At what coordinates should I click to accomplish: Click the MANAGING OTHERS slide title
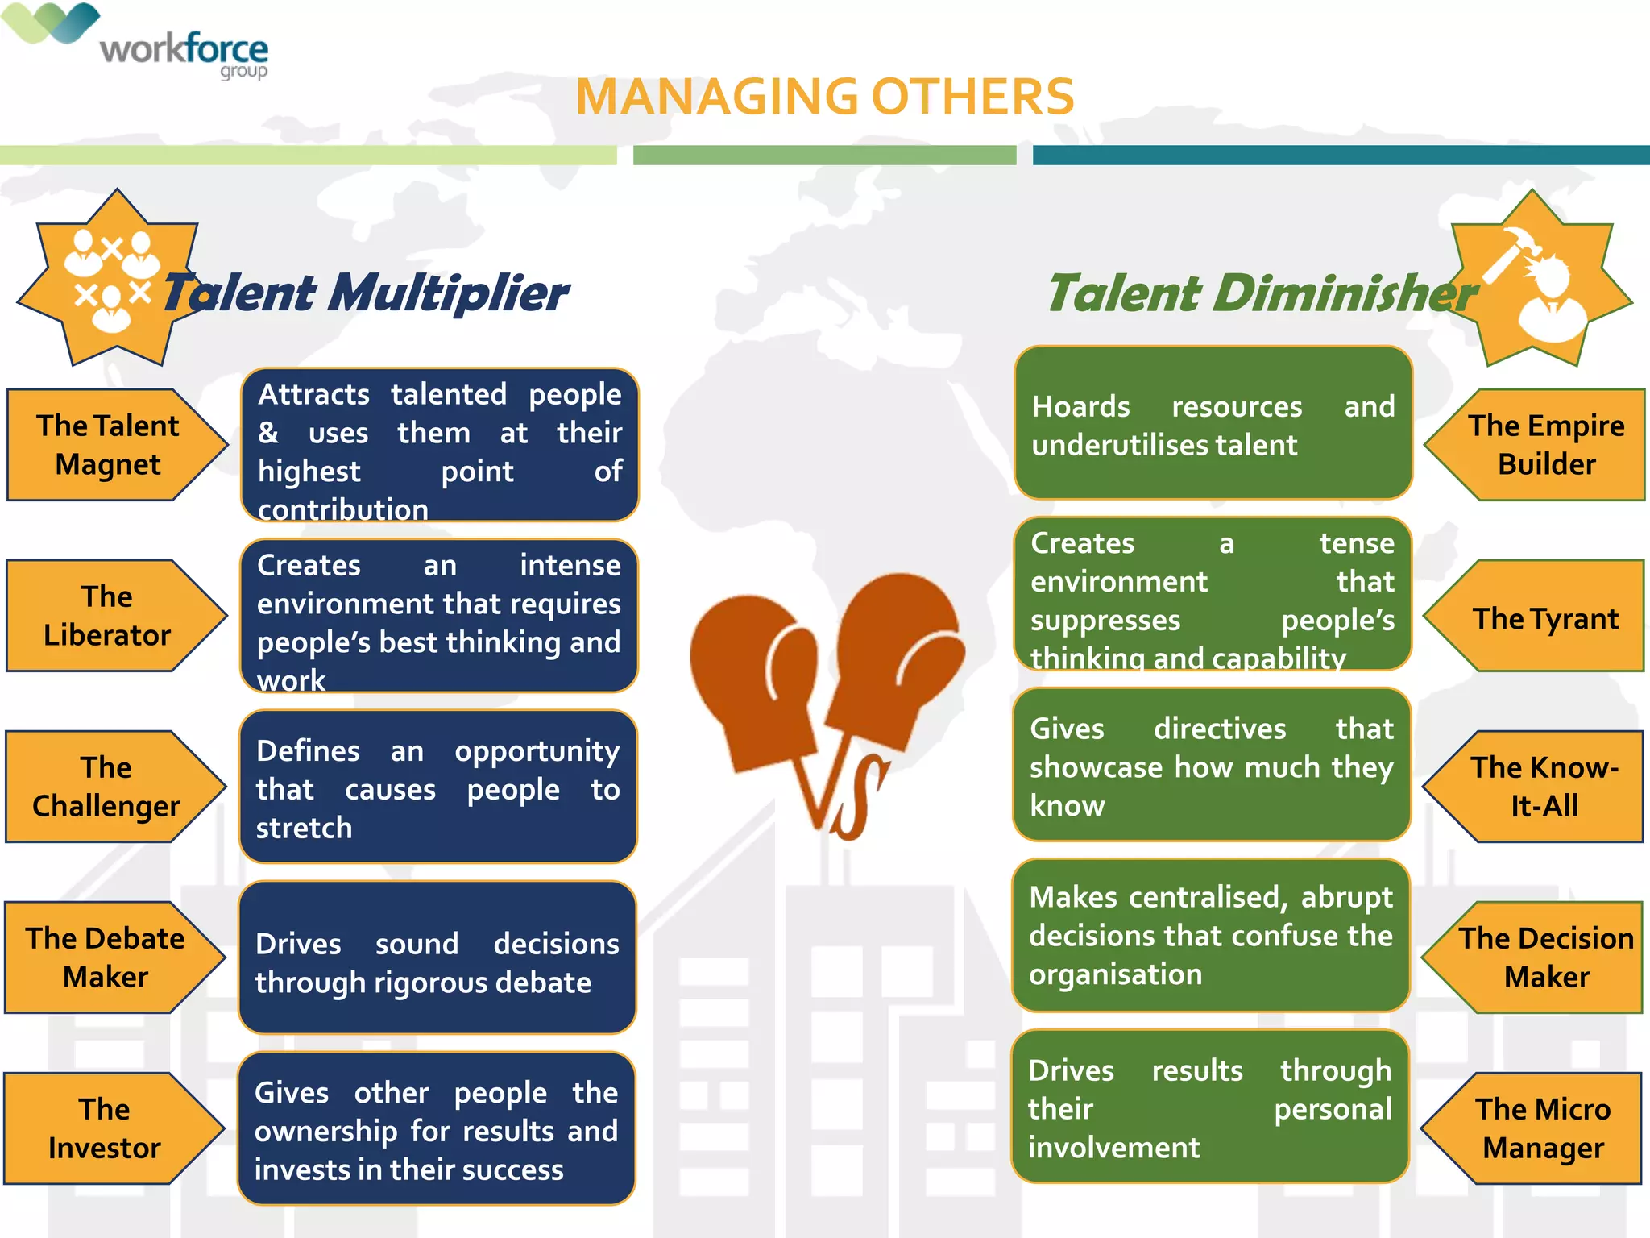[x=824, y=98]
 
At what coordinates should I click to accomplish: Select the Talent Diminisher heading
[x=1261, y=293]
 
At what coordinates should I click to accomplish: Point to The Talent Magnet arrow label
[x=108, y=445]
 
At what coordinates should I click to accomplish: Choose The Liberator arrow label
[x=106, y=616]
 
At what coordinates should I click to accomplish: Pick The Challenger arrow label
[x=106, y=787]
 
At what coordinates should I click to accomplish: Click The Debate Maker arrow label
[x=105, y=958]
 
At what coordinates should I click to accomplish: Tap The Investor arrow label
[x=105, y=1128]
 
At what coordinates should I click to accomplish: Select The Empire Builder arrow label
[x=1545, y=445]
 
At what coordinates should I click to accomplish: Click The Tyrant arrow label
[x=1545, y=619]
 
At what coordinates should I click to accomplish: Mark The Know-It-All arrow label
[x=1544, y=787]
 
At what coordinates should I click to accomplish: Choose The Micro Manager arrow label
[x=1542, y=1128]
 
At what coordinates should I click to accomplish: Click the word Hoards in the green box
[x=1080, y=407]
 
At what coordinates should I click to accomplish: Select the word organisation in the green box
[x=1115, y=974]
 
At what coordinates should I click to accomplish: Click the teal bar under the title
[x=1341, y=155]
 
